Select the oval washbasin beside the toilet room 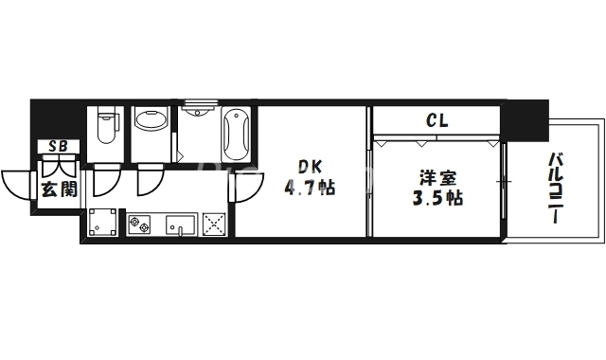click(x=150, y=120)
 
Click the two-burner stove click(x=140, y=225)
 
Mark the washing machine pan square click(x=102, y=223)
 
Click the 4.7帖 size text click(x=310, y=187)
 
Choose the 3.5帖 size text click(x=437, y=199)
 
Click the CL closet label click(x=437, y=120)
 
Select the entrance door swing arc click(x=19, y=183)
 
